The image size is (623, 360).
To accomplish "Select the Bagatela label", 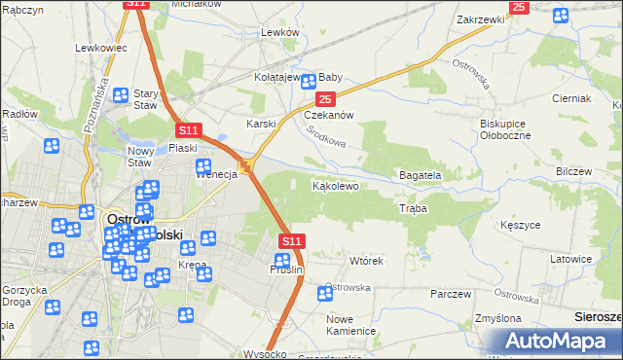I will pyautogui.click(x=420, y=175).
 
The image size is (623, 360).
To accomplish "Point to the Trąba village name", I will pyautogui.click(x=413, y=208).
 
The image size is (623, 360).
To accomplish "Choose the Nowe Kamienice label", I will pyautogui.click(x=351, y=325).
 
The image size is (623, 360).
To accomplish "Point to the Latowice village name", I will pyautogui.click(x=570, y=259).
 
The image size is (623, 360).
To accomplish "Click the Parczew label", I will pyautogui.click(x=451, y=294).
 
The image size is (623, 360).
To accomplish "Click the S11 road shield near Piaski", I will pyautogui.click(x=189, y=129).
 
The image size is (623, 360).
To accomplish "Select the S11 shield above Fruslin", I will pyautogui.click(x=292, y=240).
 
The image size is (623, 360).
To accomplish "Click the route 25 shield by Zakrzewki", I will pyautogui.click(x=518, y=7).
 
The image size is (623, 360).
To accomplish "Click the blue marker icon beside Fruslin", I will pyautogui.click(x=282, y=261).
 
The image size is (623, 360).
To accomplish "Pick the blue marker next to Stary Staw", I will pyautogui.click(x=122, y=95).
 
